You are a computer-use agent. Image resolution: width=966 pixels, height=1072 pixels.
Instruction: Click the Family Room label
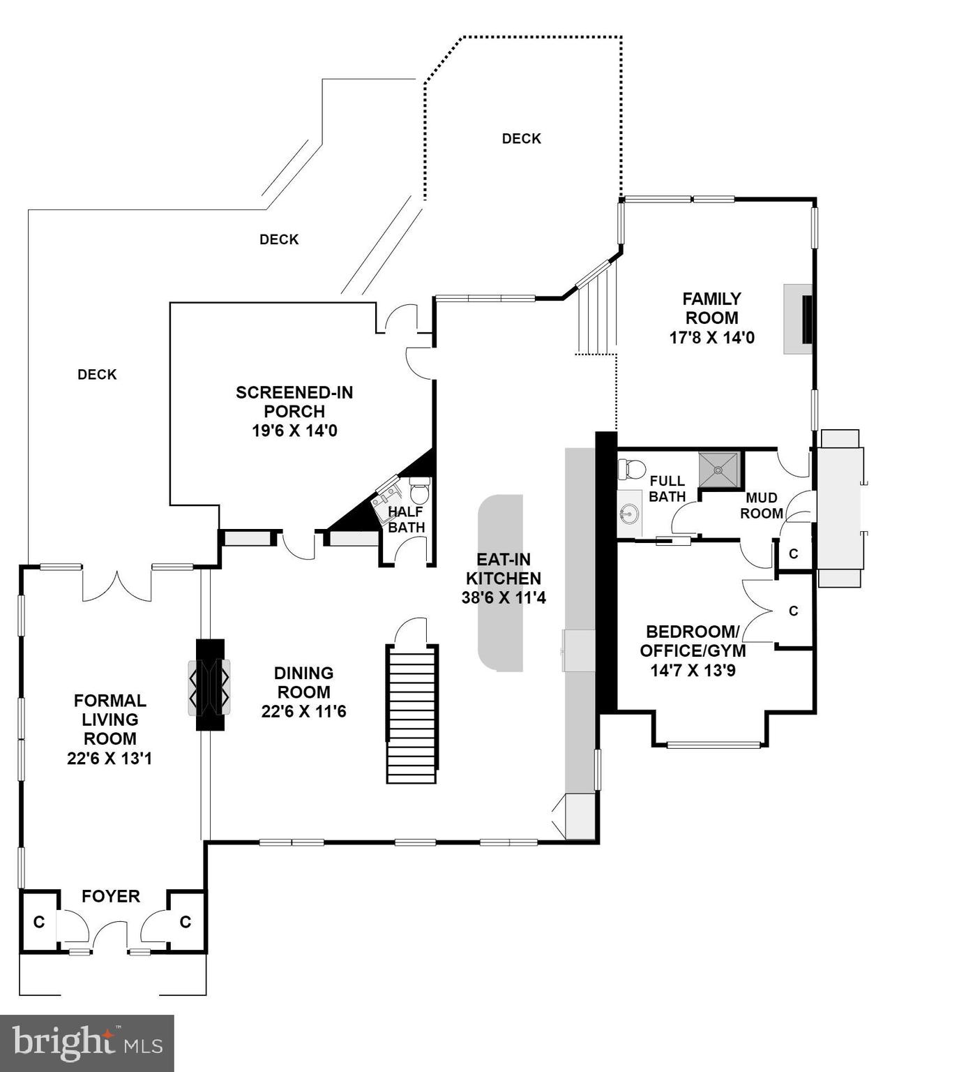(x=711, y=308)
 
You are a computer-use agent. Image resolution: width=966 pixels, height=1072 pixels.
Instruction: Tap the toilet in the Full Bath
(x=633, y=469)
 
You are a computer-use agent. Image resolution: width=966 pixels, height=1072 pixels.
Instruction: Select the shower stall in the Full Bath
(x=718, y=468)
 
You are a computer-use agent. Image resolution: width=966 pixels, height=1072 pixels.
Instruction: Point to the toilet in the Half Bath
(x=419, y=491)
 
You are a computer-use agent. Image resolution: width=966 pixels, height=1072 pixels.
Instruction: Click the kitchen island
(x=501, y=583)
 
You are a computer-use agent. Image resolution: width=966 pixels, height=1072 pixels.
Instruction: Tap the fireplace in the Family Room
(x=799, y=319)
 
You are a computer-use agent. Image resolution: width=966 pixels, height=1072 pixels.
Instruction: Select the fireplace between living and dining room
(x=209, y=685)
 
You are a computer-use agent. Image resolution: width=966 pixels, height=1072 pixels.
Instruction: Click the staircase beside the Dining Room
(x=412, y=714)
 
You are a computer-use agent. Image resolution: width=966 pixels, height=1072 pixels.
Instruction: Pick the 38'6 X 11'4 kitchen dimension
(x=503, y=598)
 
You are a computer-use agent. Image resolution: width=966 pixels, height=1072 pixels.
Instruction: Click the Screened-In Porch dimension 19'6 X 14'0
(x=294, y=431)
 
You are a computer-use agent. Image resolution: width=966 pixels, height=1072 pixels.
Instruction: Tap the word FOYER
(x=111, y=896)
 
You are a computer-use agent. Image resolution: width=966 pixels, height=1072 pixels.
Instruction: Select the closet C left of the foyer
(x=39, y=922)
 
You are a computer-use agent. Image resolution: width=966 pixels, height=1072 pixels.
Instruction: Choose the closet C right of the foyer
(x=186, y=922)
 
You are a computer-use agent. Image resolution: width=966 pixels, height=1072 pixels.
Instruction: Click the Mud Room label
(x=761, y=505)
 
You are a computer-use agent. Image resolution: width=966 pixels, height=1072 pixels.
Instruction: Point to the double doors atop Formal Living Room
(x=116, y=585)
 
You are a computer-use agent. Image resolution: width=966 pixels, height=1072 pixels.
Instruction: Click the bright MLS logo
(x=86, y=1043)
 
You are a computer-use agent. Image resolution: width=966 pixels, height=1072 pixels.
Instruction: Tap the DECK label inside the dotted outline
(x=521, y=139)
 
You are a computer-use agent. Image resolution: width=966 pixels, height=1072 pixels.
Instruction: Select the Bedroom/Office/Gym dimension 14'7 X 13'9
(x=693, y=671)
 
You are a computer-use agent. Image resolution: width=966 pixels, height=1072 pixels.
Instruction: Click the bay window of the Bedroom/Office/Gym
(x=713, y=745)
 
